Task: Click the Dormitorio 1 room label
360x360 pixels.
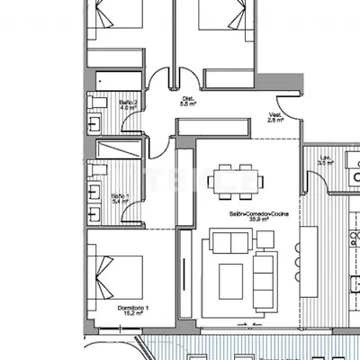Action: tap(132, 311)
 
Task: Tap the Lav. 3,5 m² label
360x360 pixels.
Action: tap(326, 162)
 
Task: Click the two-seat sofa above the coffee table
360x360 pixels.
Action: tap(231, 241)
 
